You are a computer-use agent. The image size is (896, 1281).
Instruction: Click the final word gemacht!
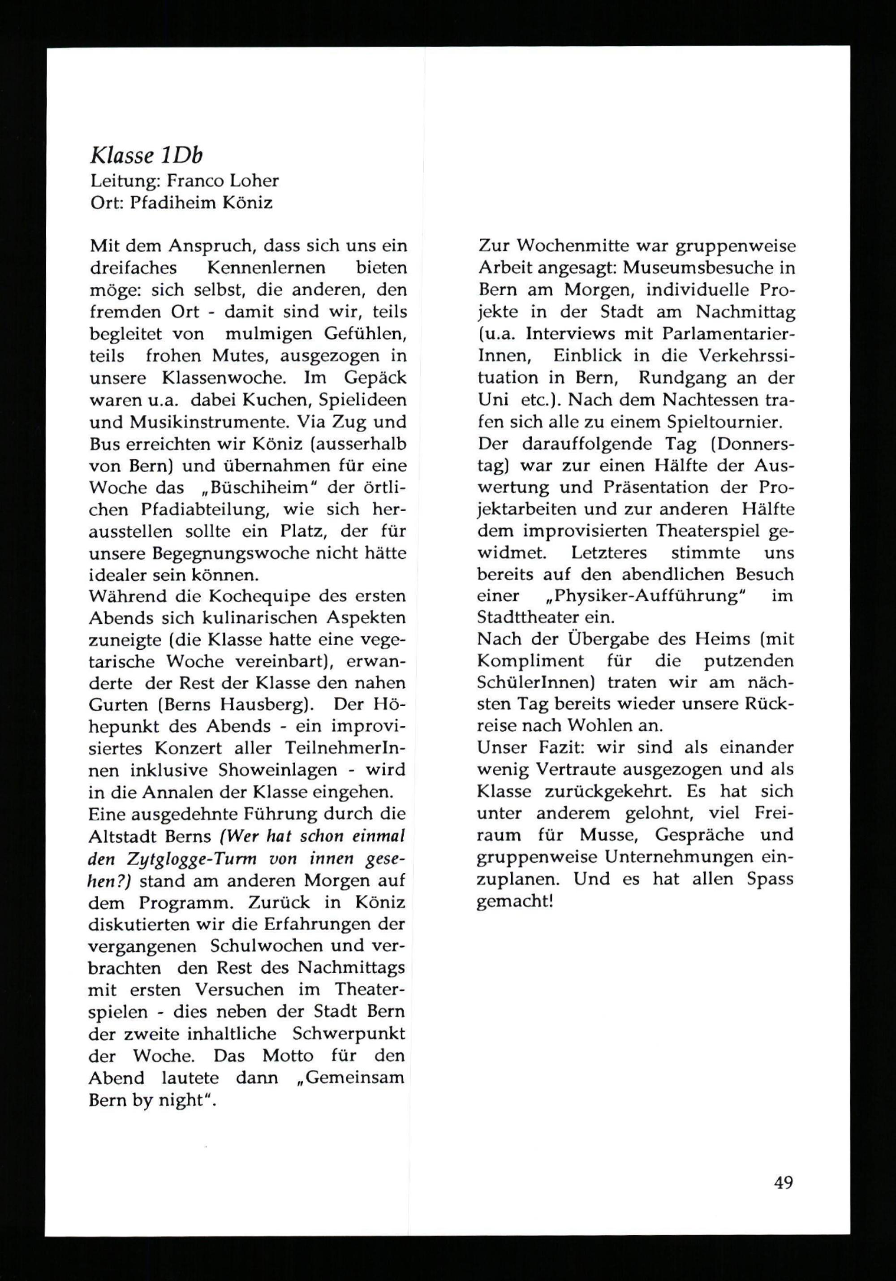tap(514, 901)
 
